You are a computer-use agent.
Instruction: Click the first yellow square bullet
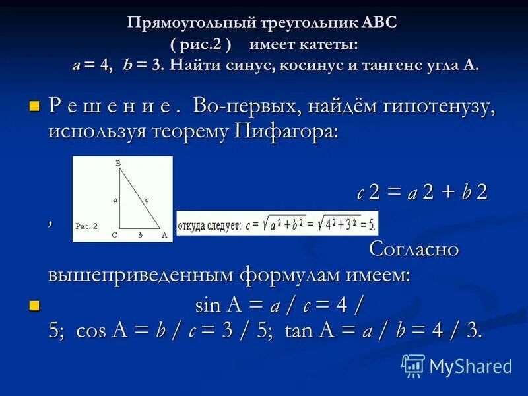coord(35,106)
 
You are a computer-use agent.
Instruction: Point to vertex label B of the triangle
coord(117,162)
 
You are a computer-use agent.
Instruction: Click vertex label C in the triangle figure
coord(114,234)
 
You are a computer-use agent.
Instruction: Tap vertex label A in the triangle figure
coord(164,234)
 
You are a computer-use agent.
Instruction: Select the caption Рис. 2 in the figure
coord(86,226)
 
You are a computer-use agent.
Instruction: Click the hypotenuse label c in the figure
coord(146,199)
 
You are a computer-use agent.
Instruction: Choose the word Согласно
coord(413,250)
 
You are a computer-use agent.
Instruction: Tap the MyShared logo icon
coord(413,366)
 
